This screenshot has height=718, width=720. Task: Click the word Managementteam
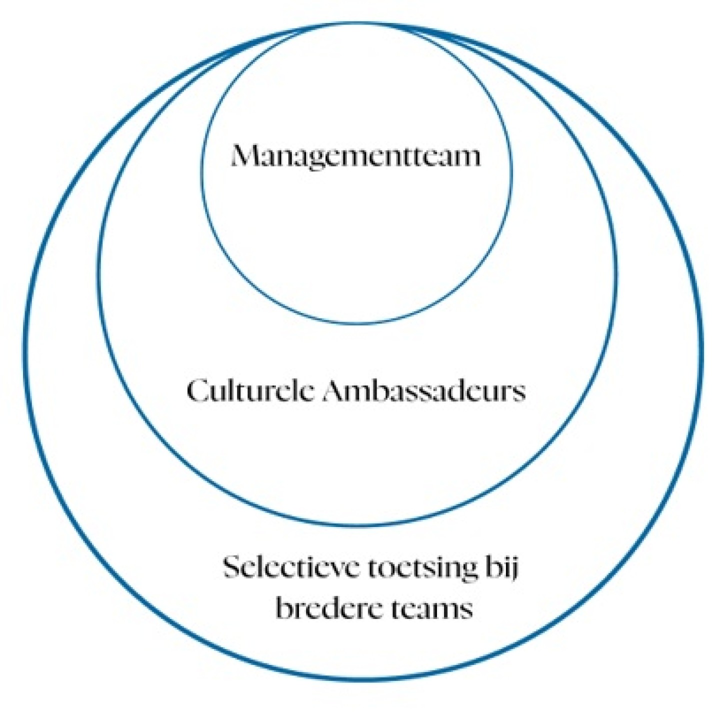tap(355, 156)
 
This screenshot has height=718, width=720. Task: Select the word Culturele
tap(251, 390)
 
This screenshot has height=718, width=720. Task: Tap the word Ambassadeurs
tap(424, 390)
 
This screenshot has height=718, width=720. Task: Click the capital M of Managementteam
tap(244, 156)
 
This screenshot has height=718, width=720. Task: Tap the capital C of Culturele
tap(196, 390)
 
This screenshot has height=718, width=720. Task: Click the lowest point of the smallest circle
tap(357, 323)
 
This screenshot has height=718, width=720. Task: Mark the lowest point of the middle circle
tap(358, 525)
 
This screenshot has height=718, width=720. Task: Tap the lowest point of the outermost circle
tap(362, 678)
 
